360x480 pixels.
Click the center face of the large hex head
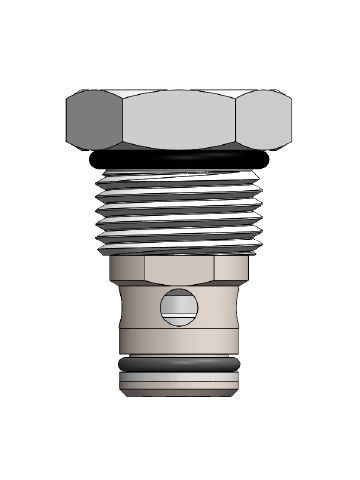pyautogui.click(x=180, y=118)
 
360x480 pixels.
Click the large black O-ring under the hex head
pyautogui.click(x=180, y=161)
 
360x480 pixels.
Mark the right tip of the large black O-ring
pyautogui.click(x=271, y=158)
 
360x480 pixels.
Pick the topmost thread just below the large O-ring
pyautogui.click(x=180, y=180)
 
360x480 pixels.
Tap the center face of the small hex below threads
pyautogui.click(x=180, y=269)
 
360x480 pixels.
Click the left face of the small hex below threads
pyautogui.click(x=126, y=268)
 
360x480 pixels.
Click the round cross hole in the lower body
pyautogui.click(x=179, y=307)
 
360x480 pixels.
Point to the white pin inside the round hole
pyautogui.click(x=179, y=311)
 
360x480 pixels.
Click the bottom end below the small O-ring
pyautogui.click(x=180, y=384)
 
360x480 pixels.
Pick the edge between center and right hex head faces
pyautogui.click(x=238, y=119)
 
